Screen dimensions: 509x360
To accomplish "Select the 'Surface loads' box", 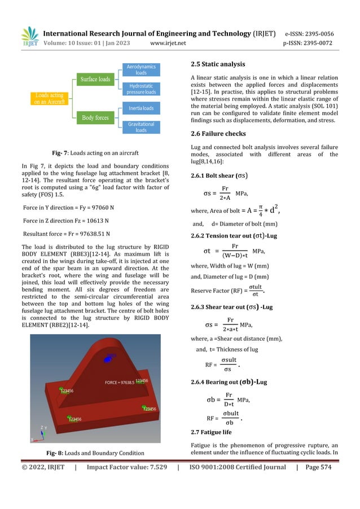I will pyautogui.click(x=95, y=79).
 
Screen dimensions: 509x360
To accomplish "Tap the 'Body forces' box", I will pyautogui.click(x=95, y=118).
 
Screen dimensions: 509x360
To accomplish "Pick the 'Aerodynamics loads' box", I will pyautogui.click(x=141, y=69).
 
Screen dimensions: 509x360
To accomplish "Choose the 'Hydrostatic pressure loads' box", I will pyautogui.click(x=141, y=89).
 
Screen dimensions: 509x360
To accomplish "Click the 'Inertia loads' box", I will pyautogui.click(x=141, y=108).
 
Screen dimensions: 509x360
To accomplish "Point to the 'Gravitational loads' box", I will pyautogui.click(x=141, y=127).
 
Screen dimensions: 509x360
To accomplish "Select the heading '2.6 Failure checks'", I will pyautogui.click(x=218, y=134).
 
